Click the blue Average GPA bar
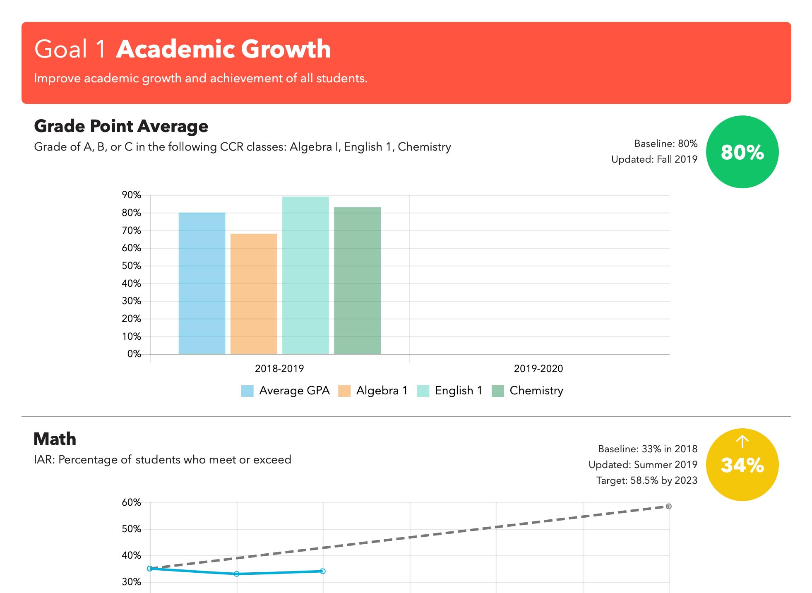pyautogui.click(x=202, y=283)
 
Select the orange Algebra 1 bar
pyautogui.click(x=254, y=294)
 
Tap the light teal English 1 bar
pyautogui.click(x=305, y=275)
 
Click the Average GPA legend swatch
pyautogui.click(x=247, y=391)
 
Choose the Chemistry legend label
pyautogui.click(x=536, y=391)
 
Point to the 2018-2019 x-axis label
pyautogui.click(x=279, y=368)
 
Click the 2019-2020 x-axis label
pyautogui.click(x=538, y=368)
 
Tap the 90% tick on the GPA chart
pyautogui.click(x=132, y=195)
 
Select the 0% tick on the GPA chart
pyautogui.click(x=134, y=354)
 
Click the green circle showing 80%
pyautogui.click(x=742, y=152)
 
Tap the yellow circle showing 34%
pyautogui.click(x=742, y=465)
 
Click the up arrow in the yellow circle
pyautogui.click(x=742, y=442)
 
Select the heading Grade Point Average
pyautogui.click(x=121, y=126)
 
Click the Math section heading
pyautogui.click(x=55, y=439)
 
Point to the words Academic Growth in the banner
pyautogui.click(x=223, y=49)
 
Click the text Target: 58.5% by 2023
pyautogui.click(x=646, y=480)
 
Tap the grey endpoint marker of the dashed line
pyautogui.click(x=668, y=506)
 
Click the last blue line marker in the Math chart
pyautogui.click(x=323, y=571)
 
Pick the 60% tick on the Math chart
pyautogui.click(x=132, y=502)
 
